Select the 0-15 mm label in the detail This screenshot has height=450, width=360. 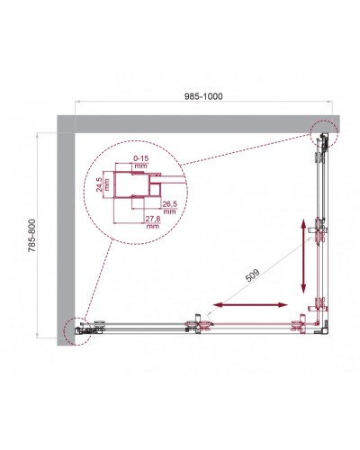tap(137, 160)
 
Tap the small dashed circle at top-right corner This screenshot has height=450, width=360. tap(322, 134)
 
